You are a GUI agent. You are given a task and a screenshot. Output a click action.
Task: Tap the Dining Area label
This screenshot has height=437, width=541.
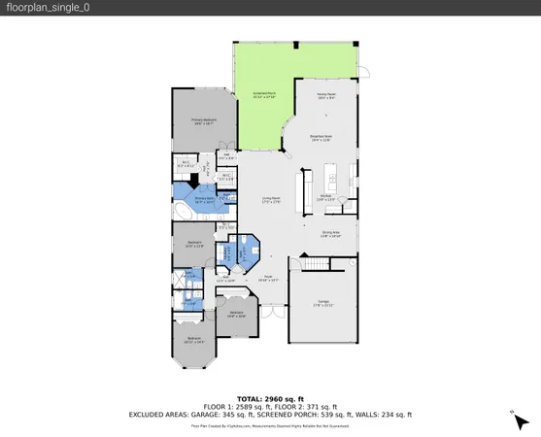[x=331, y=234]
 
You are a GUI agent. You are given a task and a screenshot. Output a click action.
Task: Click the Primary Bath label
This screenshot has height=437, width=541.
[x=204, y=200]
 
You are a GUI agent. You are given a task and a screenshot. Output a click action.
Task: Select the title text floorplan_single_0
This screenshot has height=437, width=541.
[x=41, y=8]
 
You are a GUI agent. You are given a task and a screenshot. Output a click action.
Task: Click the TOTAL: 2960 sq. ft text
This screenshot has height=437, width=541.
[x=270, y=398]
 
